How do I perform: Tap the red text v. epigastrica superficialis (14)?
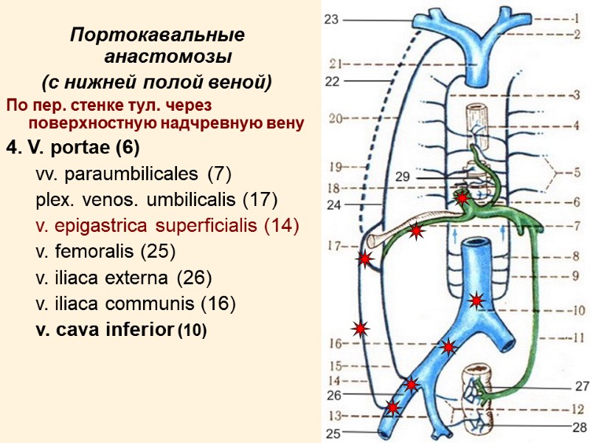coord(167,225)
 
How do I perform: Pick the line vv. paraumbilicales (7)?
coord(133,174)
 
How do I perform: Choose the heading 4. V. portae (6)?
coord(72,148)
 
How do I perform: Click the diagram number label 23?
coord(331,21)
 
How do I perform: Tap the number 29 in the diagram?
coord(402,177)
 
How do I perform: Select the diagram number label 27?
coord(582,385)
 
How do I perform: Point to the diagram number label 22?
coord(333,82)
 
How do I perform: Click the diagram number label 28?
coord(580,427)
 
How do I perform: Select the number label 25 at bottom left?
coord(334,433)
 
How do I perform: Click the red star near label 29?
coord(462,198)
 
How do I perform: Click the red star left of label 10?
coord(476,301)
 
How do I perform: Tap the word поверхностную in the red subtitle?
coord(83,123)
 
